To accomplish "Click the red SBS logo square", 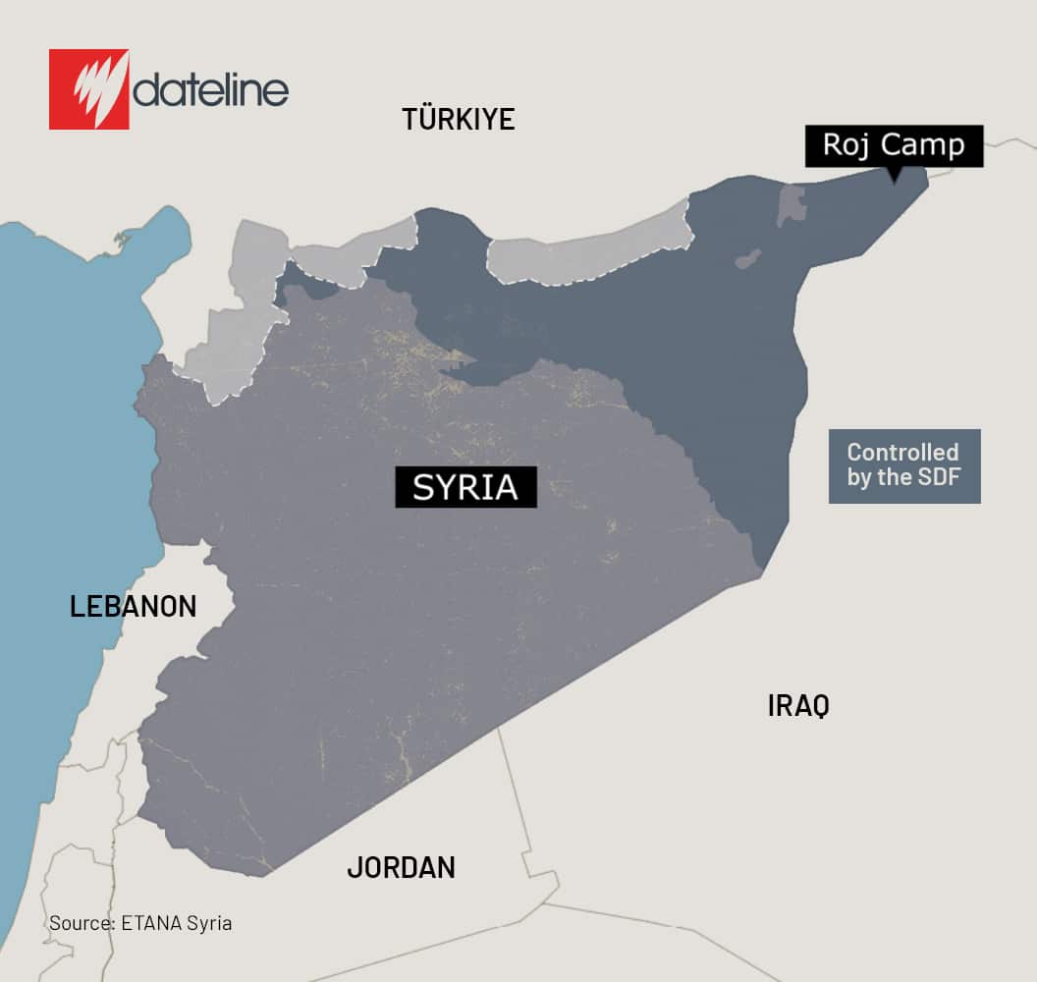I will pos(88,89).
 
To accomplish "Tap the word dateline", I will pos(211,91).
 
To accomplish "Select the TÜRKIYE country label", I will pos(458,119).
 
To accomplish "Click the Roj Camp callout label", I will pos(894,145).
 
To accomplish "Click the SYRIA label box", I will pos(465,487).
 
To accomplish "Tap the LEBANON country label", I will pos(133,606).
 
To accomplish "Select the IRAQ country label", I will pos(798,705).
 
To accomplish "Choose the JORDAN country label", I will pos(401,867).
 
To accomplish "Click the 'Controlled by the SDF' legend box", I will pos(903,466).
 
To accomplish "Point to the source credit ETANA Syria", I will pos(140,923).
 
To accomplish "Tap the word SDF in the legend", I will pos(940,479).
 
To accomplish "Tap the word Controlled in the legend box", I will pos(902,453).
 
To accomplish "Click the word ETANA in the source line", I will pos(151,923).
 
